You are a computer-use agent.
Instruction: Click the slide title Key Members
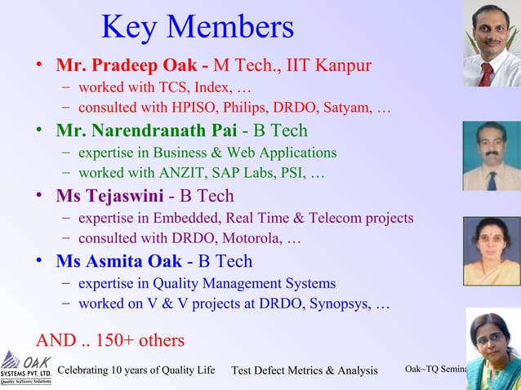(197, 27)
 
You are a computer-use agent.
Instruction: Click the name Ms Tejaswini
(109, 196)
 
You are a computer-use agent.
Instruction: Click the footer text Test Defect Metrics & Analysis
(305, 371)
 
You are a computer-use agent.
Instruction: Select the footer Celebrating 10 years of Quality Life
(136, 370)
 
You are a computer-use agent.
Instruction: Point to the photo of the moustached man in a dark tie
(492, 156)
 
